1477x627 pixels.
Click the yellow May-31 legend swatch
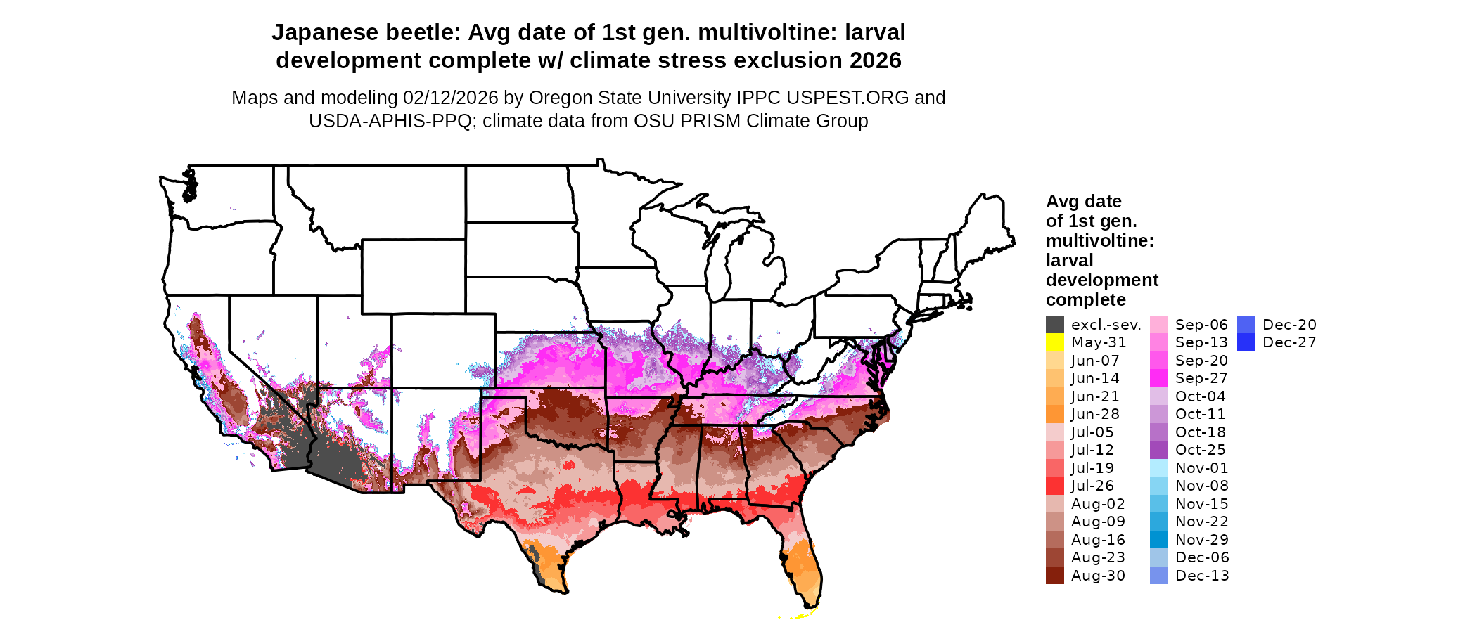click(1054, 342)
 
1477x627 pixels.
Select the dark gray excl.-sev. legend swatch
click(1054, 325)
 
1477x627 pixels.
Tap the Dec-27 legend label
click(1289, 342)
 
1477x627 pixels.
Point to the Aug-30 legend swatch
click(1054, 576)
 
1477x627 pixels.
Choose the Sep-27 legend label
click(1201, 378)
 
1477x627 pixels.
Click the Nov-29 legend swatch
click(1158, 540)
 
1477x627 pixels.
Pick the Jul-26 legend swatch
click(1054, 486)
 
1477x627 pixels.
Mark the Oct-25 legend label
click(1200, 450)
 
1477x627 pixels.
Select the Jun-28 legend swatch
click(1054, 414)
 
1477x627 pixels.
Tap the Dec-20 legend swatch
click(1246, 325)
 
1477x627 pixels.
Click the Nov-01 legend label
click(1201, 468)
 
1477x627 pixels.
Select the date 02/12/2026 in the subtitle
click(450, 98)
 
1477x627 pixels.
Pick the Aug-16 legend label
click(1097, 540)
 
